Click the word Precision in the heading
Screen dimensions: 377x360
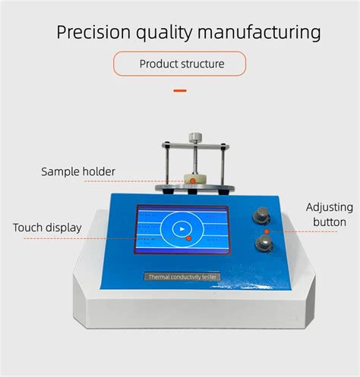click(93, 33)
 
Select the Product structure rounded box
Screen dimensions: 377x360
click(180, 64)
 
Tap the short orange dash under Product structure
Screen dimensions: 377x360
click(180, 90)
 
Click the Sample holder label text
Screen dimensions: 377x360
click(78, 171)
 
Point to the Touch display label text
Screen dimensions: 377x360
click(47, 227)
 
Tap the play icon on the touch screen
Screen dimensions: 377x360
click(181, 228)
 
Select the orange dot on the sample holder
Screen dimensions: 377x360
click(192, 181)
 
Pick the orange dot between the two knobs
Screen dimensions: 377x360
click(266, 230)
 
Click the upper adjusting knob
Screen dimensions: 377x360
click(263, 215)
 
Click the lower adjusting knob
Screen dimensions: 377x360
click(264, 243)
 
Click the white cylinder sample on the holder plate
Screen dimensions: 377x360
click(194, 179)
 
